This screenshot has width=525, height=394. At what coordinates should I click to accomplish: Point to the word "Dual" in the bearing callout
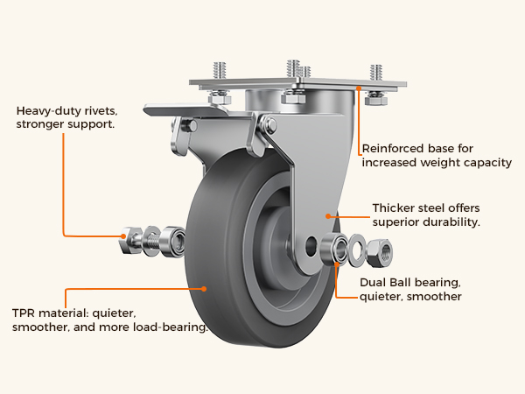[371, 283]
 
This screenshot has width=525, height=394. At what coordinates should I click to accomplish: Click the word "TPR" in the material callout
[23, 313]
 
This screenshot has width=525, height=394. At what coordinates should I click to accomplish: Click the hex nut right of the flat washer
[380, 253]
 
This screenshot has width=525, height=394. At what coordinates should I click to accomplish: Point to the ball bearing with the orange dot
[334, 250]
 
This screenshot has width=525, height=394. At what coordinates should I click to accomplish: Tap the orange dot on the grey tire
[204, 288]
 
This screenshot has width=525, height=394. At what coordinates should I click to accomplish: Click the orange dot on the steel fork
[328, 216]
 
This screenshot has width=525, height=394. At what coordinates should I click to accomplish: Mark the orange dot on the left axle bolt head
[123, 236]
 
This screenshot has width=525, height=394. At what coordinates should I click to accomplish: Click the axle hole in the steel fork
[311, 247]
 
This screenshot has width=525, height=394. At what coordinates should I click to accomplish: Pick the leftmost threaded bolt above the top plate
[220, 70]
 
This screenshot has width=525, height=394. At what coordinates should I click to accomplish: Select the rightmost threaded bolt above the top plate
[376, 73]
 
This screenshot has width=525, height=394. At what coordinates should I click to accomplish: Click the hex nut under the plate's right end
[376, 100]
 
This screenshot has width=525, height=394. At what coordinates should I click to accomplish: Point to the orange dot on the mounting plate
[359, 88]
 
